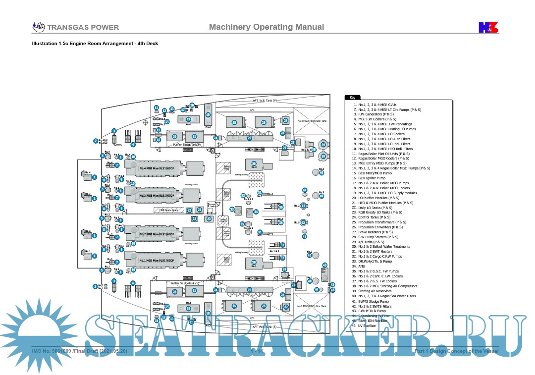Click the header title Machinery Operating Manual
tap(267, 27)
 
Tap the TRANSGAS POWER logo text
tap(83, 27)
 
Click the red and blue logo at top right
tap(488, 27)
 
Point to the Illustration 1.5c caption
tap(95, 44)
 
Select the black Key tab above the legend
tap(353, 98)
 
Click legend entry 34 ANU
tap(362, 267)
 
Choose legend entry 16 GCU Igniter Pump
tap(372, 178)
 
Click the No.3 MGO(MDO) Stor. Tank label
tap(312, 121)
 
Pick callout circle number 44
tap(317, 290)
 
